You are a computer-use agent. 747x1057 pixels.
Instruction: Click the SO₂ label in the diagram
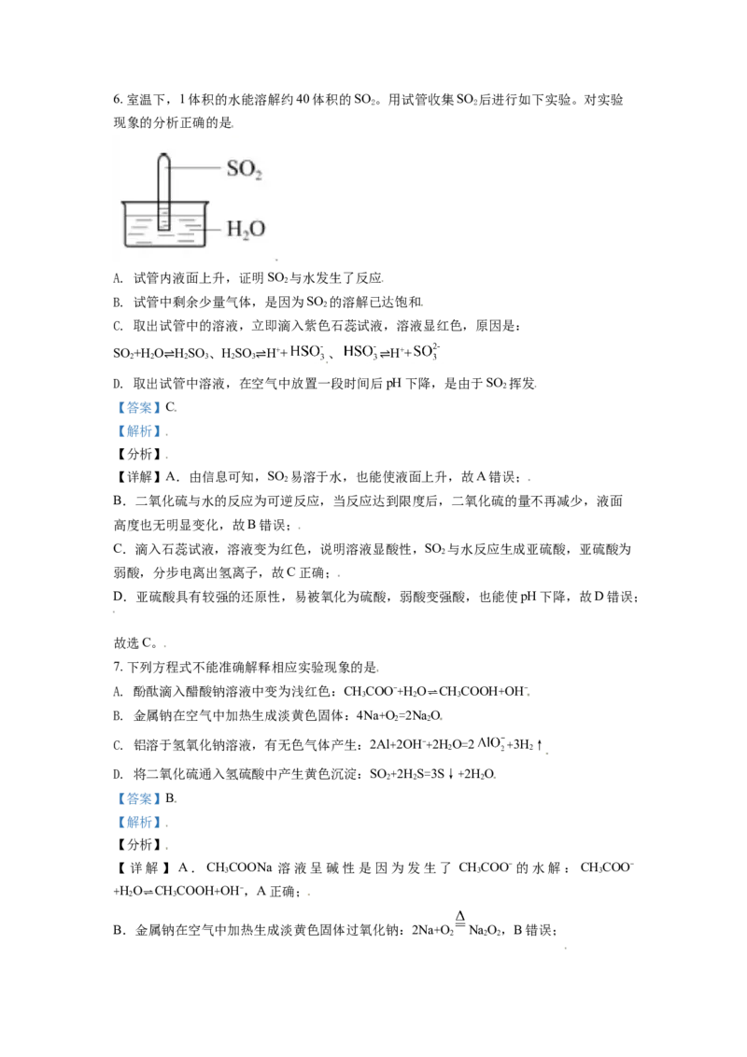(244, 168)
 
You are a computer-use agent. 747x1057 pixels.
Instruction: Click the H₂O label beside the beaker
(246, 229)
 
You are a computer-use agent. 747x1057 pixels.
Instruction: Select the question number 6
(118, 100)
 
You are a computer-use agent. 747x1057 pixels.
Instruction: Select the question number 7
(118, 668)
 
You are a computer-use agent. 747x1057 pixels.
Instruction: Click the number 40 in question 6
(303, 100)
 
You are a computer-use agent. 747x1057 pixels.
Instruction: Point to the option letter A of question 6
(118, 278)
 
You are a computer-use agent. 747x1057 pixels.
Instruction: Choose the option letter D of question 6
(118, 384)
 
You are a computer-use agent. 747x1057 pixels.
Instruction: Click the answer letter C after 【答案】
(170, 407)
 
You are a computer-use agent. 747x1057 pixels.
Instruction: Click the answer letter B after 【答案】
(170, 798)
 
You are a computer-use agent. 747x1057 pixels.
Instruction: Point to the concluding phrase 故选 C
(134, 642)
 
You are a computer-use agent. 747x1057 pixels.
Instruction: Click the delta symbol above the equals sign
(459, 916)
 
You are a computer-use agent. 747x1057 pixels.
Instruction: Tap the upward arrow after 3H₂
(540, 745)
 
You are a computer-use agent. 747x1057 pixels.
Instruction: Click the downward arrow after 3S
(450, 774)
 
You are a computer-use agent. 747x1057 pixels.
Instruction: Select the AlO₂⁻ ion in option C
(491, 743)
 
